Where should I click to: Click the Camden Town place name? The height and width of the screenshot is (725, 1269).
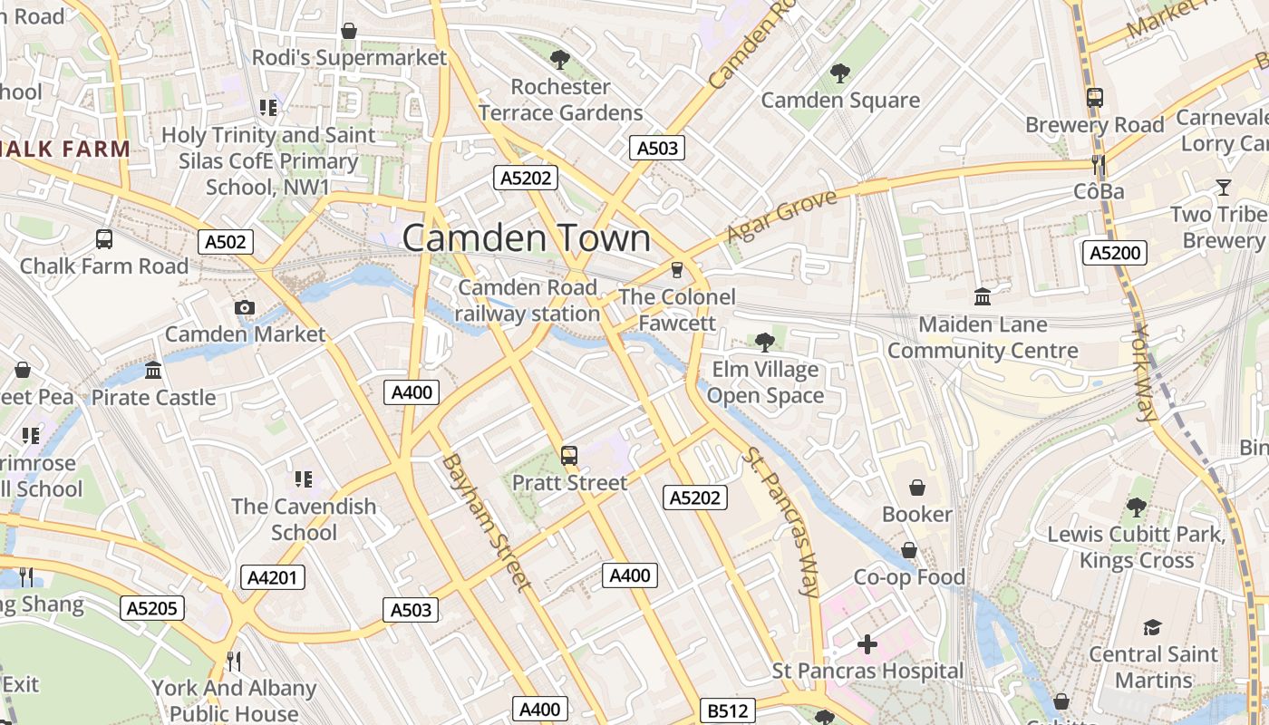(526, 238)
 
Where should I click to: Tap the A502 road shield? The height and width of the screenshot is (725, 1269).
(226, 242)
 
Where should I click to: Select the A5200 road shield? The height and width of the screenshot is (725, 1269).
(1114, 253)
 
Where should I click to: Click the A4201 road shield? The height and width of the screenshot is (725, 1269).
(273, 577)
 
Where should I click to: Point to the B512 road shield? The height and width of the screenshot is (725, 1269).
(728, 711)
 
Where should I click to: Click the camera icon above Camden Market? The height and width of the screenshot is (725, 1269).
(244, 308)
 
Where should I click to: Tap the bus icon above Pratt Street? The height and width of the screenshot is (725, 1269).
(569, 456)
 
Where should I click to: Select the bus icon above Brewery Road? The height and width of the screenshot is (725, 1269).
(1094, 98)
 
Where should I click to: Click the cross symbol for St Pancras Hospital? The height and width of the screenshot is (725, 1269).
(867, 644)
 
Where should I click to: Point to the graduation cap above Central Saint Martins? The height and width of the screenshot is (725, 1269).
(1152, 627)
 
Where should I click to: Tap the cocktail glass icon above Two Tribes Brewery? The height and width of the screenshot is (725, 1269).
(1223, 188)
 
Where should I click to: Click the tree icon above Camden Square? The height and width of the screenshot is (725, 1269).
(840, 73)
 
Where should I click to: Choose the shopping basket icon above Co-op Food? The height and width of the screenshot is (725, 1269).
(909, 550)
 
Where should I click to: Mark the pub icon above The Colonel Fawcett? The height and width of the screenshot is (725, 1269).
(675, 270)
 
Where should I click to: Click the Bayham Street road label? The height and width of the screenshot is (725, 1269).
(485, 522)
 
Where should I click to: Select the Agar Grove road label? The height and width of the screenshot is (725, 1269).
(781, 217)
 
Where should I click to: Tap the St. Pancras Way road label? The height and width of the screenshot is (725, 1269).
(780, 520)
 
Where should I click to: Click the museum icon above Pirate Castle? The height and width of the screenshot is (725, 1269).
(153, 371)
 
